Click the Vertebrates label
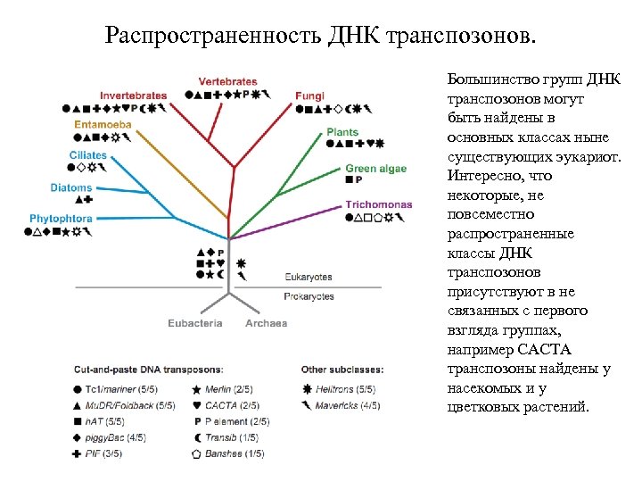[227, 81]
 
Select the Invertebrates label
[133, 96]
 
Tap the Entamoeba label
[103, 124]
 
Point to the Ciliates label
[88, 155]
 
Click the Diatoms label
[71, 188]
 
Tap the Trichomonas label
[379, 204]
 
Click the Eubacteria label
[195, 323]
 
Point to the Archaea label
[267, 323]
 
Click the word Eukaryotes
[309, 278]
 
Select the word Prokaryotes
[309, 296]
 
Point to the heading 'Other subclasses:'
[343, 369]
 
